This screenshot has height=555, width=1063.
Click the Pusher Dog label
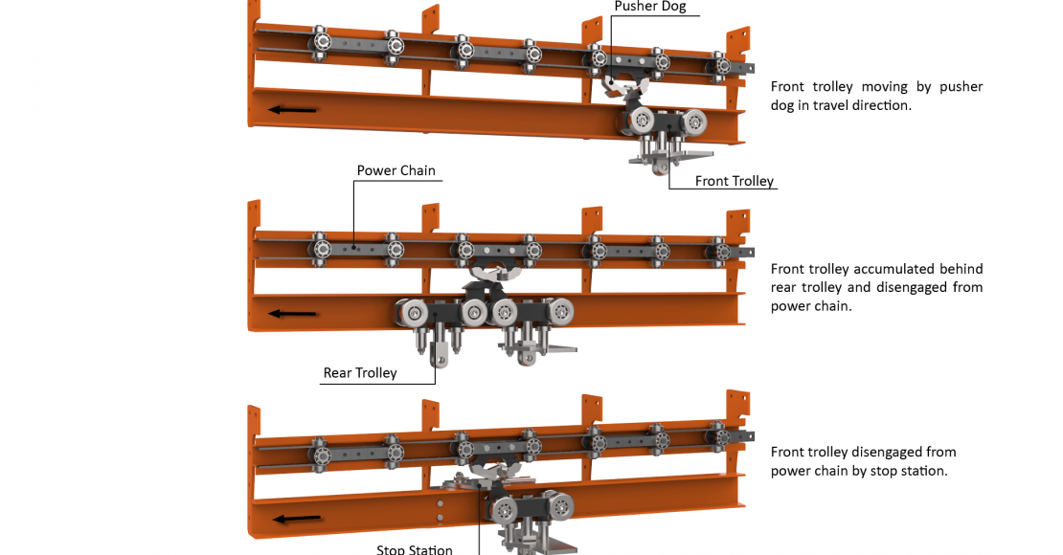point(650,7)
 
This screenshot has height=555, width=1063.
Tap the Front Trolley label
point(735,181)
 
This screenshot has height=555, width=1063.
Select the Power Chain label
point(396,170)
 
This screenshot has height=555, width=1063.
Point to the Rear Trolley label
point(360,372)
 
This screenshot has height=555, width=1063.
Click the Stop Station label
point(415,549)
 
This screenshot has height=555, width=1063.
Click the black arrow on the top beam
point(293,110)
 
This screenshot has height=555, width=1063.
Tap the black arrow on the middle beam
point(293,314)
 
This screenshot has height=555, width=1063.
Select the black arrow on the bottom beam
point(297,519)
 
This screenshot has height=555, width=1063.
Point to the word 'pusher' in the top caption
point(961,87)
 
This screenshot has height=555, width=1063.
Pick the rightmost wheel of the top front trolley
point(693,122)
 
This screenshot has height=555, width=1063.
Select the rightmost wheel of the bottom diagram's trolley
point(560,506)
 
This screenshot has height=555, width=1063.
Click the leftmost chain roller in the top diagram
point(321,43)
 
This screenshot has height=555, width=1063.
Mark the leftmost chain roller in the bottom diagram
point(321,452)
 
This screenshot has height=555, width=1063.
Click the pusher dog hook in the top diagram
point(623,86)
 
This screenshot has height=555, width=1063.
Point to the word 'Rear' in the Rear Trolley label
point(338,372)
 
